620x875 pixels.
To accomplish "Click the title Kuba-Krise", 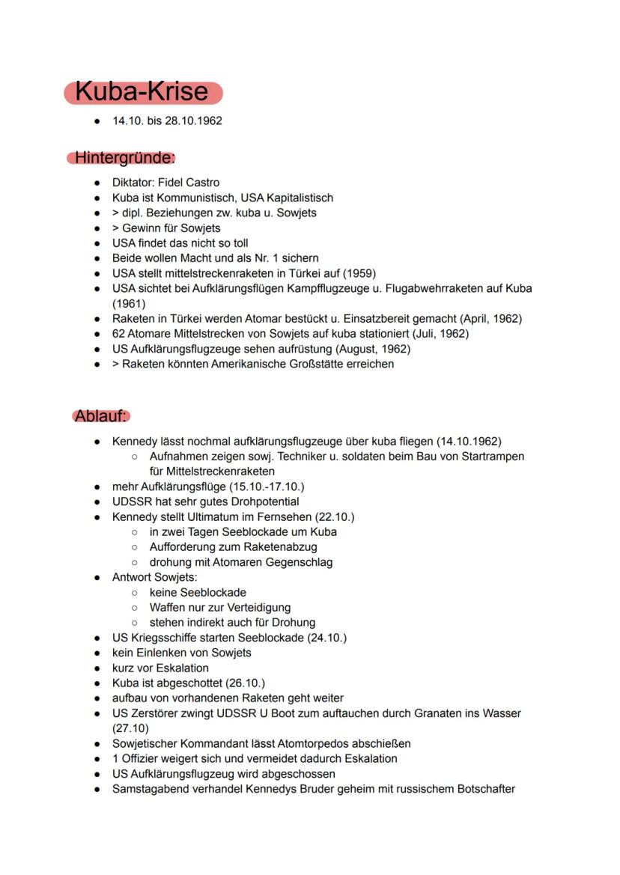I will pos(142,92).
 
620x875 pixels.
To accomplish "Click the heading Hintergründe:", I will pos(124,158).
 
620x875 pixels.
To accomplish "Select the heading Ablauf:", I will pos(101,416).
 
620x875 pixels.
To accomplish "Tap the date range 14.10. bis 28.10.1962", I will pos(167,121).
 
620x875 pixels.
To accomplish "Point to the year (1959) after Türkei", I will pos(359,273).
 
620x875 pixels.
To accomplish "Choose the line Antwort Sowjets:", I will pos(154,577).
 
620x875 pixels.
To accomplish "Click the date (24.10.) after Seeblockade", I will pos(326,638).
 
